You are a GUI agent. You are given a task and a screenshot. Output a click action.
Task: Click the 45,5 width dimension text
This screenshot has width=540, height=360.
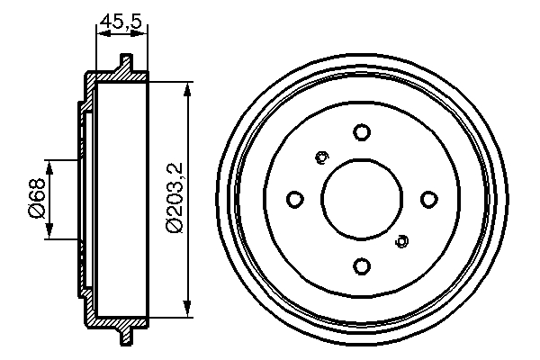point(121,21)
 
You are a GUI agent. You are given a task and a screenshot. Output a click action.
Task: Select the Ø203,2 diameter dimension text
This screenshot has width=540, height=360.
point(175,197)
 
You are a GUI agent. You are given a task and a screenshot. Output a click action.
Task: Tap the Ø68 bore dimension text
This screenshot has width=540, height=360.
point(37,198)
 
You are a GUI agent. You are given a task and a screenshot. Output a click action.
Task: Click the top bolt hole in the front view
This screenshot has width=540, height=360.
point(362,132)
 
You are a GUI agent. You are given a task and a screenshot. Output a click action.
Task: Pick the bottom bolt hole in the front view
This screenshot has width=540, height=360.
point(362,266)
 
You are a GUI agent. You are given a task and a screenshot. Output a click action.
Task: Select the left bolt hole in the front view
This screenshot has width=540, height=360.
point(295,200)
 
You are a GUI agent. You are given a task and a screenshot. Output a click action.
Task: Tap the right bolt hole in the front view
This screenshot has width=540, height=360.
point(429,199)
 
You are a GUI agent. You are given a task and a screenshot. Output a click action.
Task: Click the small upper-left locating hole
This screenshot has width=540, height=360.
point(321,157)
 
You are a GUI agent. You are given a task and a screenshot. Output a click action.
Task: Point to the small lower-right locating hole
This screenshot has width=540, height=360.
point(401,241)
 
